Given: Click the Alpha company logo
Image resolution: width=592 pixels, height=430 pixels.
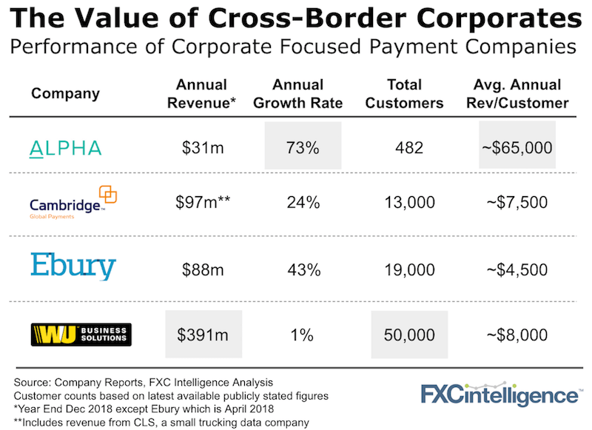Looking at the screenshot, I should click(x=66, y=148).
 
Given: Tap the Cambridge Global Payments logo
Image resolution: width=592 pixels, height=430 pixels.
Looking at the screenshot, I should click(x=73, y=202).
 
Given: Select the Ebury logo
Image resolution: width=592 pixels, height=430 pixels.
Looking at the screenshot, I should click(x=73, y=266).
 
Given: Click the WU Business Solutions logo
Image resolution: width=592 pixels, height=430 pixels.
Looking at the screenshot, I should click(x=80, y=335).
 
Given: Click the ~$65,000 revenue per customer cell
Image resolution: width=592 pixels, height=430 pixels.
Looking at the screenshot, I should click(x=517, y=148).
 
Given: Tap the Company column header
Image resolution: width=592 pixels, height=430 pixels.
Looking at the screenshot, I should click(x=65, y=94).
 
